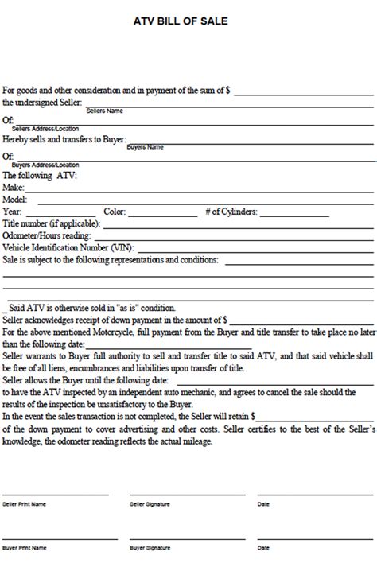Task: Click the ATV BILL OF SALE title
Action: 188,21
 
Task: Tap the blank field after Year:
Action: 59,214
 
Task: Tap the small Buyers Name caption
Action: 146,147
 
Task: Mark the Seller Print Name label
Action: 25,504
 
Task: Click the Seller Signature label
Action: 150,504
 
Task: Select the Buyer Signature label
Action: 149,549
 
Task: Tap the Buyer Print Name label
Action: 25,549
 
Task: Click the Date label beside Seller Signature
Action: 263,504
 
